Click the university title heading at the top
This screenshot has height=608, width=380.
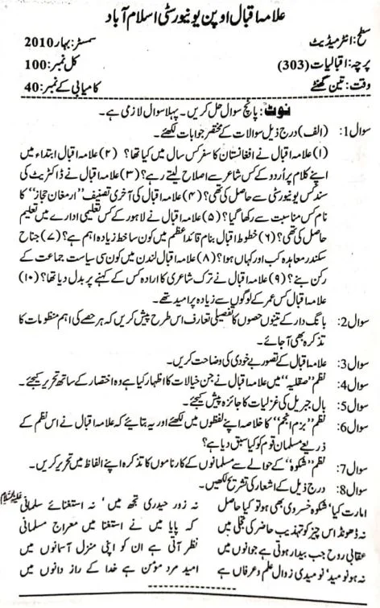pyautogui.click(x=190, y=16)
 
